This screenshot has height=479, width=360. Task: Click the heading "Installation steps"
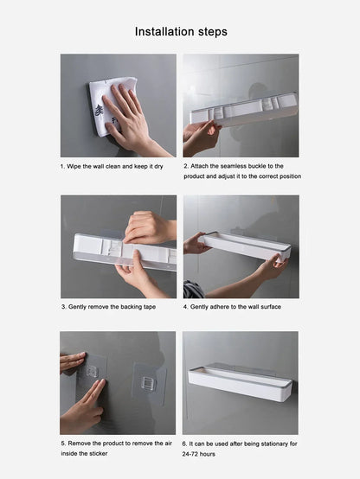(x=181, y=31)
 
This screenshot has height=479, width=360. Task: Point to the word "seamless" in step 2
(x=240, y=165)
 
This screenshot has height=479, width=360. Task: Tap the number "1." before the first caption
(x=63, y=165)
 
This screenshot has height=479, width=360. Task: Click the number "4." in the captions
(x=185, y=306)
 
